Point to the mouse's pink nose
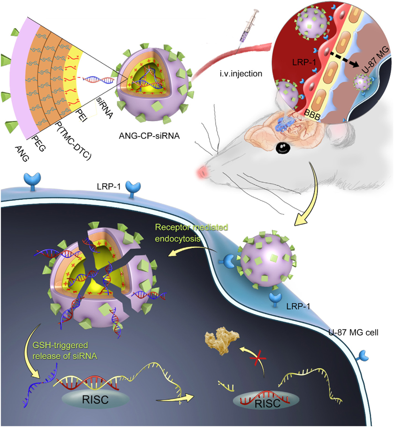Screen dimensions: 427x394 tap(203, 170)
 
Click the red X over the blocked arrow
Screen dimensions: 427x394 tap(255, 360)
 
